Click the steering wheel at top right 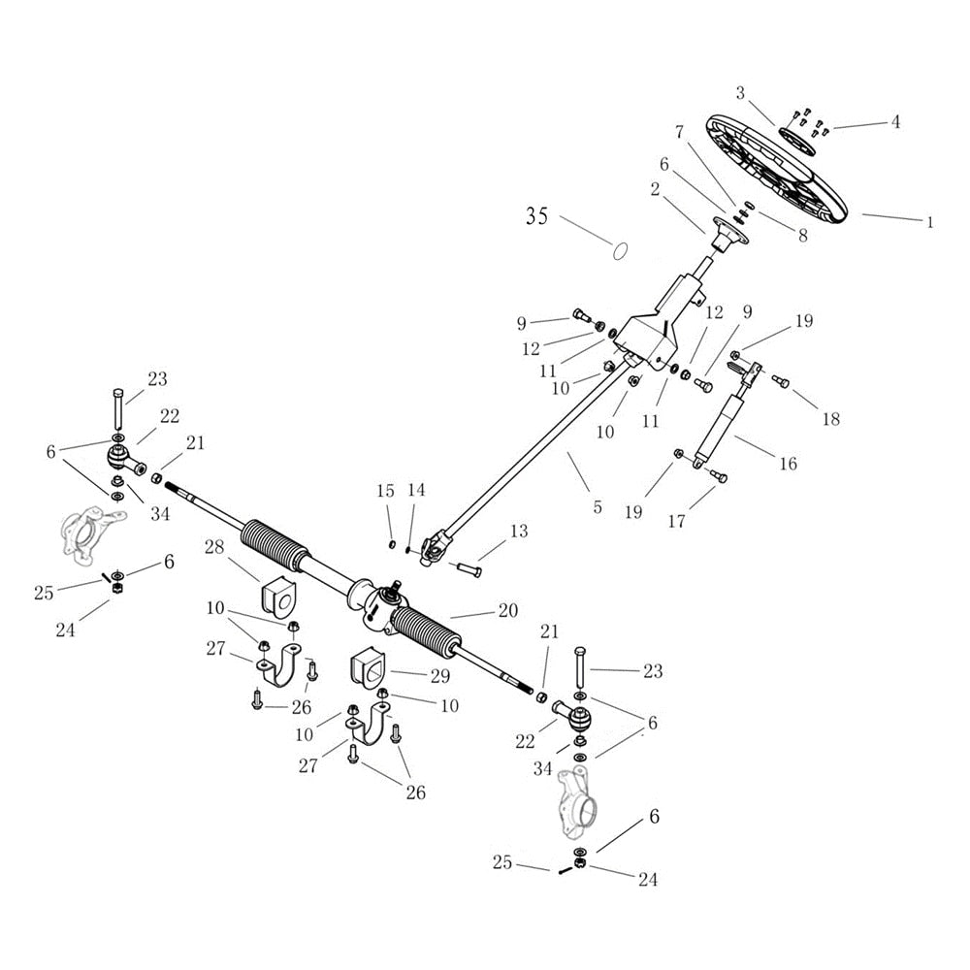click(x=776, y=170)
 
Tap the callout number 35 click(x=537, y=216)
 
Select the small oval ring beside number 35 click(x=617, y=250)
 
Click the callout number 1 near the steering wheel click(x=928, y=222)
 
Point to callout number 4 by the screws click(x=895, y=122)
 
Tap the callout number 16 click(x=788, y=465)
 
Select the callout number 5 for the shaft click(x=598, y=506)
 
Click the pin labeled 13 click(x=469, y=566)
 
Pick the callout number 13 click(x=519, y=532)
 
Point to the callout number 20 click(x=508, y=611)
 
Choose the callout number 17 click(x=676, y=521)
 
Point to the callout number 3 click(x=740, y=93)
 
